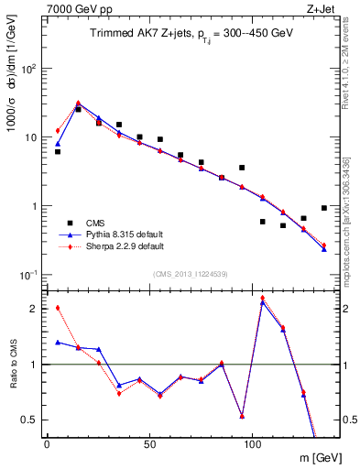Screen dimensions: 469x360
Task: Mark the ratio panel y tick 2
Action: click(x=33, y=308)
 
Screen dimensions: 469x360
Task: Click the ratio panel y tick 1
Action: click(x=33, y=364)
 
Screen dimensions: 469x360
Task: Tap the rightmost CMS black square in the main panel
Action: click(x=324, y=208)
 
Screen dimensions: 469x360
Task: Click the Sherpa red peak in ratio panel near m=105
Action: click(x=263, y=298)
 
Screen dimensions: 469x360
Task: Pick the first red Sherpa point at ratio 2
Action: click(x=58, y=308)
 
